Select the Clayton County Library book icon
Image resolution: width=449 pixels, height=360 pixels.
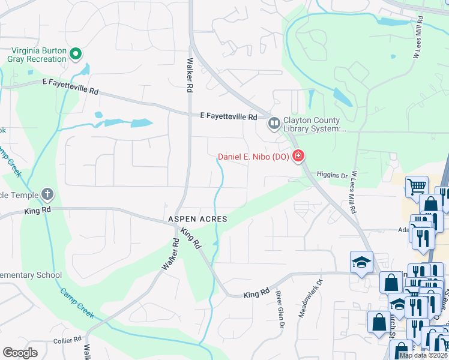(274, 124)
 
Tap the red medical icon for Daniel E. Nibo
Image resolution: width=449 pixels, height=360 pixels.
(298, 157)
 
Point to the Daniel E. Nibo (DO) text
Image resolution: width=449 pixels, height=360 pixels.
(253, 157)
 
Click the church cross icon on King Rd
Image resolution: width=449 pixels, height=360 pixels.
(47, 194)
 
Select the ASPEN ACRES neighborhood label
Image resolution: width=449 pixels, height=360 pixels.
(197, 220)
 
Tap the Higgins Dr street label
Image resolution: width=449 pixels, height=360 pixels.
(332, 176)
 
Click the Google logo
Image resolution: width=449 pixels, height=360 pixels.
(20, 353)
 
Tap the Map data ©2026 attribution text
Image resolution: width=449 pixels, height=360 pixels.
(423, 355)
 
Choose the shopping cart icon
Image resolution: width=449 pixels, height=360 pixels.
(416, 186)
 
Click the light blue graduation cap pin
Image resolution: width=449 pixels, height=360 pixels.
(361, 262)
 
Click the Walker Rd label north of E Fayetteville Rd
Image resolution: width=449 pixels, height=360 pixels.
(189, 74)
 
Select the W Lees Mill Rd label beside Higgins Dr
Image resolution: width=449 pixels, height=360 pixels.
(354, 193)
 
